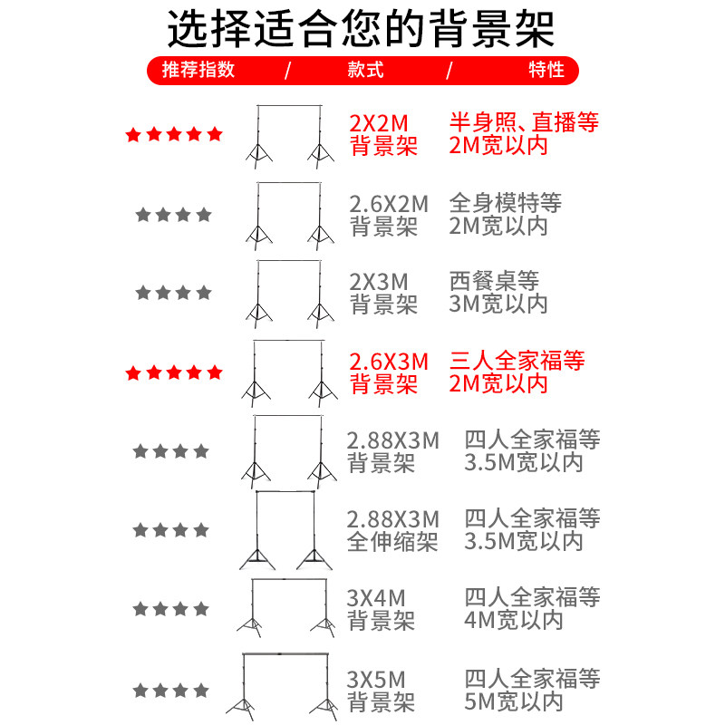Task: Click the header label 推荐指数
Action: (198, 70)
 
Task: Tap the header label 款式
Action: (366, 70)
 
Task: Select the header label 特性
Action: (546, 70)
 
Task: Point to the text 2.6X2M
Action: (389, 203)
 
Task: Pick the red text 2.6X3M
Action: (389, 361)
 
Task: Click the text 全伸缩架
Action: (392, 542)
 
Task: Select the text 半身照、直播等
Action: (524, 122)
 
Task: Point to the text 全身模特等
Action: (506, 203)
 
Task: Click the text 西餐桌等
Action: (494, 280)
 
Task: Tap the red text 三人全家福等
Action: (517, 361)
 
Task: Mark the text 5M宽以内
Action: (514, 701)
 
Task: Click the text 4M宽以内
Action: (514, 620)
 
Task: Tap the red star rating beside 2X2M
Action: (173, 135)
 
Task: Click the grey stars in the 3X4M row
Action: (171, 608)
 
